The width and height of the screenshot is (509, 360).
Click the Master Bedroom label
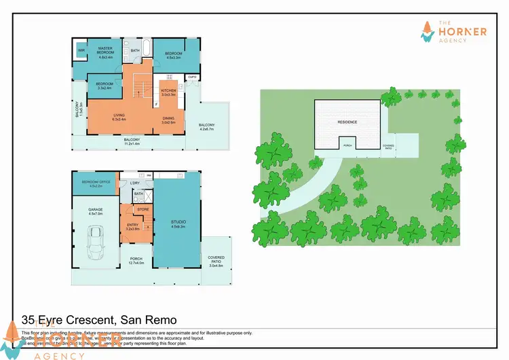pos(105,51)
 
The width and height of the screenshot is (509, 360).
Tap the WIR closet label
pos(81,50)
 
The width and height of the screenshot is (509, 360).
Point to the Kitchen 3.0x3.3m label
pos(168,92)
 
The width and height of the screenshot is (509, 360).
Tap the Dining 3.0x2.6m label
pos(168,121)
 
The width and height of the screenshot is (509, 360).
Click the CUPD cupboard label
pos(192,77)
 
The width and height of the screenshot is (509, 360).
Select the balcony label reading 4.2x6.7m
pos(206,127)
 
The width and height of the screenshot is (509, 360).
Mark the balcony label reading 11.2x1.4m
pos(127,142)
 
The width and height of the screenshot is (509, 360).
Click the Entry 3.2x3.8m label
pos(132,228)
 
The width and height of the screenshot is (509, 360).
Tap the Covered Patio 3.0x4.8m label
pos(216,261)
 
